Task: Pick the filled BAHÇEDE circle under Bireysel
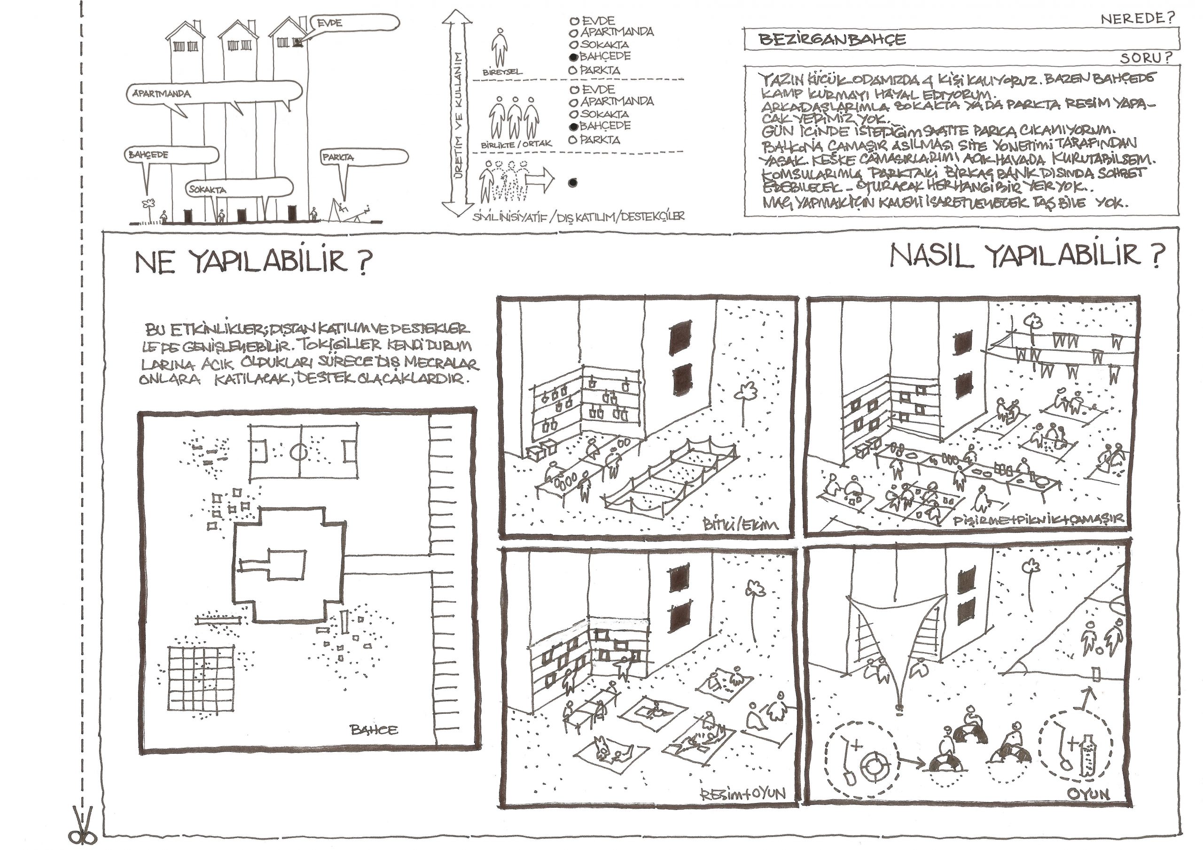tap(574, 56)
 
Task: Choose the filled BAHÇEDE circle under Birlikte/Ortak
tap(574, 126)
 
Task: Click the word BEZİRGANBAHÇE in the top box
tap(832, 40)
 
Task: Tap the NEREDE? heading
tap(1138, 19)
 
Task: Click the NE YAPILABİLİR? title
tap(254, 261)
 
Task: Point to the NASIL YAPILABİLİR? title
tap(1027, 256)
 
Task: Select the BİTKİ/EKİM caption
tap(740, 524)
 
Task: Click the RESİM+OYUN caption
tap(743, 794)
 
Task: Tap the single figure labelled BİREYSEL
tap(500, 47)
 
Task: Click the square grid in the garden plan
tap(201, 679)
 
